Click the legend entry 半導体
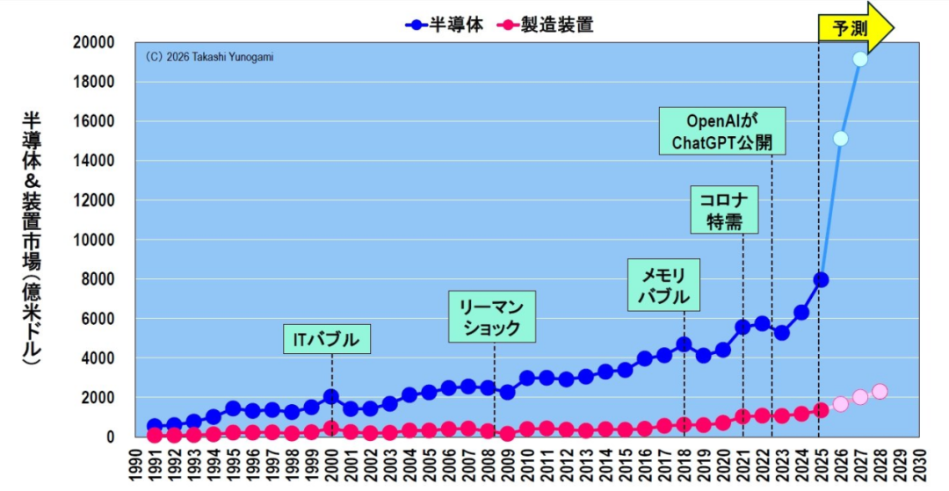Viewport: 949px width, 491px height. [445, 25]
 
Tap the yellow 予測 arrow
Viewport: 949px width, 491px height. [856, 28]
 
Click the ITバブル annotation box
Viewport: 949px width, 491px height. [327, 339]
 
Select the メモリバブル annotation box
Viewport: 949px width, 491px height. [663, 285]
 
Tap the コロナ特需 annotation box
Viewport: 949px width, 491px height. [724, 209]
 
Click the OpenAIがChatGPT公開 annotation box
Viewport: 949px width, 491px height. [722, 131]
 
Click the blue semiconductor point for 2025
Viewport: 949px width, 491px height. [821, 280]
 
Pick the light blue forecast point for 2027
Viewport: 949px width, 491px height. [860, 59]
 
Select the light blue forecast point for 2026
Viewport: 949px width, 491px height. [840, 139]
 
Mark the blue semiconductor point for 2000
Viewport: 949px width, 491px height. [331, 397]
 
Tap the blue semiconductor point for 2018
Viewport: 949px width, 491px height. [684, 344]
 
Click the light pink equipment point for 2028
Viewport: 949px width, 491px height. [880, 391]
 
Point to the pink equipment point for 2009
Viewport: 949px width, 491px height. [508, 434]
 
